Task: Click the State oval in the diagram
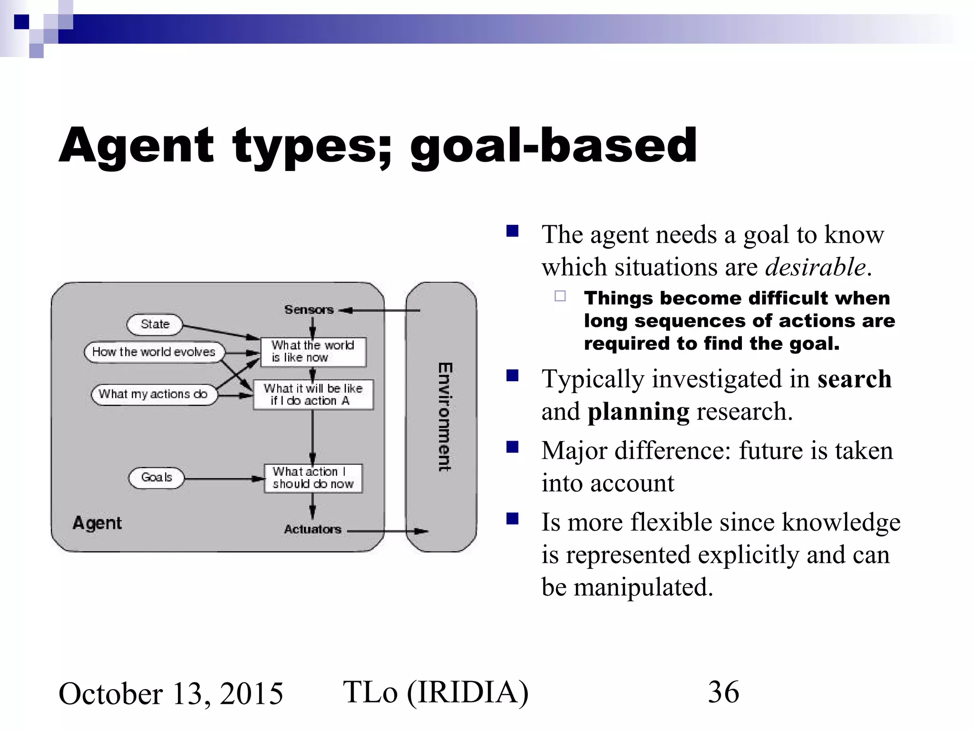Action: coord(155,325)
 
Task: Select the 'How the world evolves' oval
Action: coord(154,352)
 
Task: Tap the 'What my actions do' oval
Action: coord(154,394)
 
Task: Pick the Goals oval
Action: coord(156,477)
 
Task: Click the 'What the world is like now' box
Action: coord(313,352)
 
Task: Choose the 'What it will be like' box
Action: coord(313,394)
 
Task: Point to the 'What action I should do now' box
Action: coord(313,478)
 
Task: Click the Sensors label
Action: coord(309,310)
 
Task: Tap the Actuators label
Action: coord(312,529)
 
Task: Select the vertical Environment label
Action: coord(445,417)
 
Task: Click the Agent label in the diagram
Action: coord(97,523)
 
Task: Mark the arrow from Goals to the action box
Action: coord(224,479)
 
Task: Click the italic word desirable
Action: coord(815,267)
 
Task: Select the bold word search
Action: coord(854,379)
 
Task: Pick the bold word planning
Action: coord(638,412)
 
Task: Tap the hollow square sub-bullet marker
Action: coord(560,296)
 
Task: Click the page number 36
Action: coord(723,692)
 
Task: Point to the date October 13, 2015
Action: coord(171,693)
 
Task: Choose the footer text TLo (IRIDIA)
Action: coord(436,692)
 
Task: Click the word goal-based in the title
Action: coord(553,146)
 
